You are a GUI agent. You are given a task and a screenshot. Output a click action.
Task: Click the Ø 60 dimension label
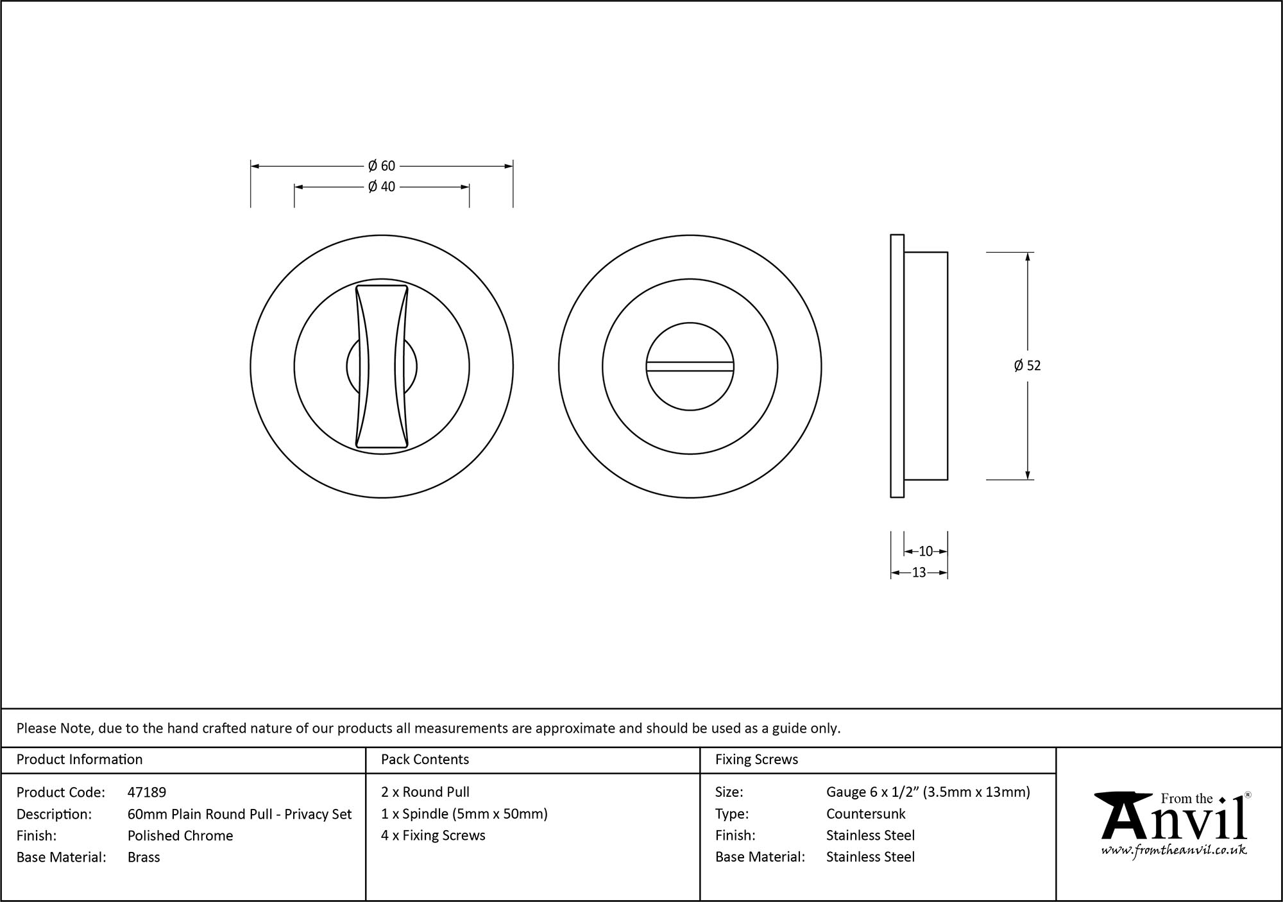[382, 166]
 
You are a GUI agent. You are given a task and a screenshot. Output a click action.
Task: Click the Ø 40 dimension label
[382, 187]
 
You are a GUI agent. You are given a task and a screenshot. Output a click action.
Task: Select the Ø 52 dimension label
[1027, 366]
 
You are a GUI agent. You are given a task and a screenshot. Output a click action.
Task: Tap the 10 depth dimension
[925, 551]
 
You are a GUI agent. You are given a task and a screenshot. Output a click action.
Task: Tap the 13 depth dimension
[919, 573]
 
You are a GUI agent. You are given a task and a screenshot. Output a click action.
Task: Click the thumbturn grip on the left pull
[382, 366]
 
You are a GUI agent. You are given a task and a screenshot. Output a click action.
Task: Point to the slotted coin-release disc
[690, 366]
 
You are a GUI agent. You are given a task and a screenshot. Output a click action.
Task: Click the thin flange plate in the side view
[897, 366]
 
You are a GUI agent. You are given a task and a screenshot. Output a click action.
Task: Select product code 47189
[147, 792]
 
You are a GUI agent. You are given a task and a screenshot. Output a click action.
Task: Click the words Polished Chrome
[180, 835]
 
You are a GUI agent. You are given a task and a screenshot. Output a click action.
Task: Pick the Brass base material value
[144, 857]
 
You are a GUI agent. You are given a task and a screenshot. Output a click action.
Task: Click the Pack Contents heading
[425, 760]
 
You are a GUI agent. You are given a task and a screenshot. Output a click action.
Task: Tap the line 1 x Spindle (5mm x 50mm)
[464, 814]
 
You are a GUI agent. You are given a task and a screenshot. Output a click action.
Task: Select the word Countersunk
[865, 814]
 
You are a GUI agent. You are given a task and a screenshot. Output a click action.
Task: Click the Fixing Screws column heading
[756, 760]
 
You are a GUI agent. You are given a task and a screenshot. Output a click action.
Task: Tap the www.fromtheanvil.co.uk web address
[1174, 851]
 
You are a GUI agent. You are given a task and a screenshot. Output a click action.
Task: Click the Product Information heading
[80, 760]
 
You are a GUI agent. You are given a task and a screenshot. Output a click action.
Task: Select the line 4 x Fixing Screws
[433, 835]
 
